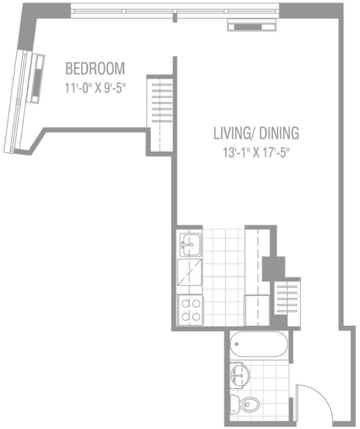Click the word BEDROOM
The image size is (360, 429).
point(95,69)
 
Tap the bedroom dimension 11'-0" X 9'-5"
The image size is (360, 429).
point(95,88)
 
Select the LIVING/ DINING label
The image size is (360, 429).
point(256,133)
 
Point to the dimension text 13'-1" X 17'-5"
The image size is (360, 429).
point(256,152)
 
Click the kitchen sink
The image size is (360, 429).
point(190,245)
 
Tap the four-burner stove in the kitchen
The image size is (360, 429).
point(191,310)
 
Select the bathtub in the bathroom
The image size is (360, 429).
point(258,344)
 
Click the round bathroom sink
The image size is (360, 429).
point(239,375)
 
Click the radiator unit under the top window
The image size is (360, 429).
point(252,25)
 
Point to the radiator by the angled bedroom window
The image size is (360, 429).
point(37,78)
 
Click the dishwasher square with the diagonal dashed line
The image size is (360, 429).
point(190,272)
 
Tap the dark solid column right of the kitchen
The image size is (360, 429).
point(274,269)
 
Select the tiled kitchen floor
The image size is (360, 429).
point(224,277)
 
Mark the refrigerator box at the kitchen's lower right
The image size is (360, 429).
point(257,310)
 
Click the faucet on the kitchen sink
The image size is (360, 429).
point(187,245)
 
